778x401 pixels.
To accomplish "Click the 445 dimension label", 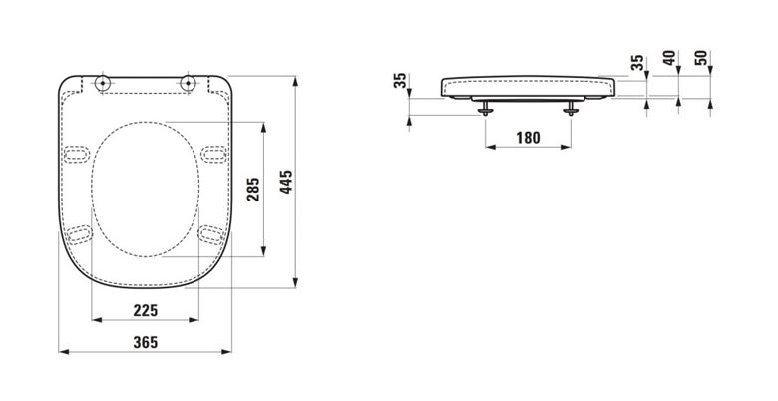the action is pos(287,182).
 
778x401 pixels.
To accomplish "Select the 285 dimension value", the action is pos(253,190).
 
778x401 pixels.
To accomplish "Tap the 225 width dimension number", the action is pos(146,311).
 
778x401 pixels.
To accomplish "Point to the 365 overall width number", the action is pos(146,342).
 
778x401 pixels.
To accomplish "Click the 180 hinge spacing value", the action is pos(528,138).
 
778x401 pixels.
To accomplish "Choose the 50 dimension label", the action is pos(701,58).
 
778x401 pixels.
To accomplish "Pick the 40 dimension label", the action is pos(669,58).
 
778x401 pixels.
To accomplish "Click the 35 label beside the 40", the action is pos(637,62).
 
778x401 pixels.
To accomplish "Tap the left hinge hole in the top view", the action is pos(102,83).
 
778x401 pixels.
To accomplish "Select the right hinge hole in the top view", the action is pos(188,83).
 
